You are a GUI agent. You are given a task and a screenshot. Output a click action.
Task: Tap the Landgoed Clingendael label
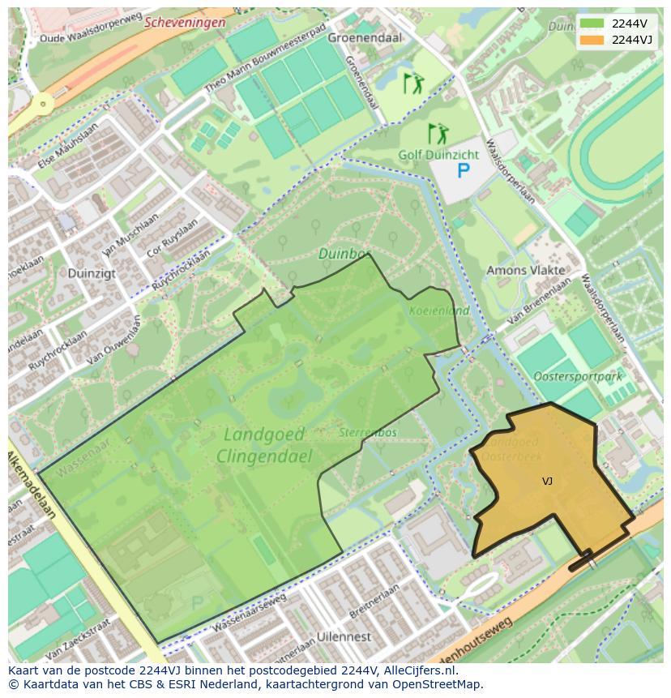264,445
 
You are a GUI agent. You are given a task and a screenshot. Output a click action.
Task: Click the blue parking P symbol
464,171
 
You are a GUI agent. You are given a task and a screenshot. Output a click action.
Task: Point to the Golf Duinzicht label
438,154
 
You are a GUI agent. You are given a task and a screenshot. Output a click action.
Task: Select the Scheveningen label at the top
185,23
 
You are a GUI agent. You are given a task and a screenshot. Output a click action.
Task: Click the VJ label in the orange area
548,482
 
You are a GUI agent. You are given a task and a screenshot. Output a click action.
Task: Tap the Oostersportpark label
578,376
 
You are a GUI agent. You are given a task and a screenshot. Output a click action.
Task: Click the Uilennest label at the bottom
344,636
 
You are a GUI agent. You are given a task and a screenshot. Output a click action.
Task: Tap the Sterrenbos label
369,432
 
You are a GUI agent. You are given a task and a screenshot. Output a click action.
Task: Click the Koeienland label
440,310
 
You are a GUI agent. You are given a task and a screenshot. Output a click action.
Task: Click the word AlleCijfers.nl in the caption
419,671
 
